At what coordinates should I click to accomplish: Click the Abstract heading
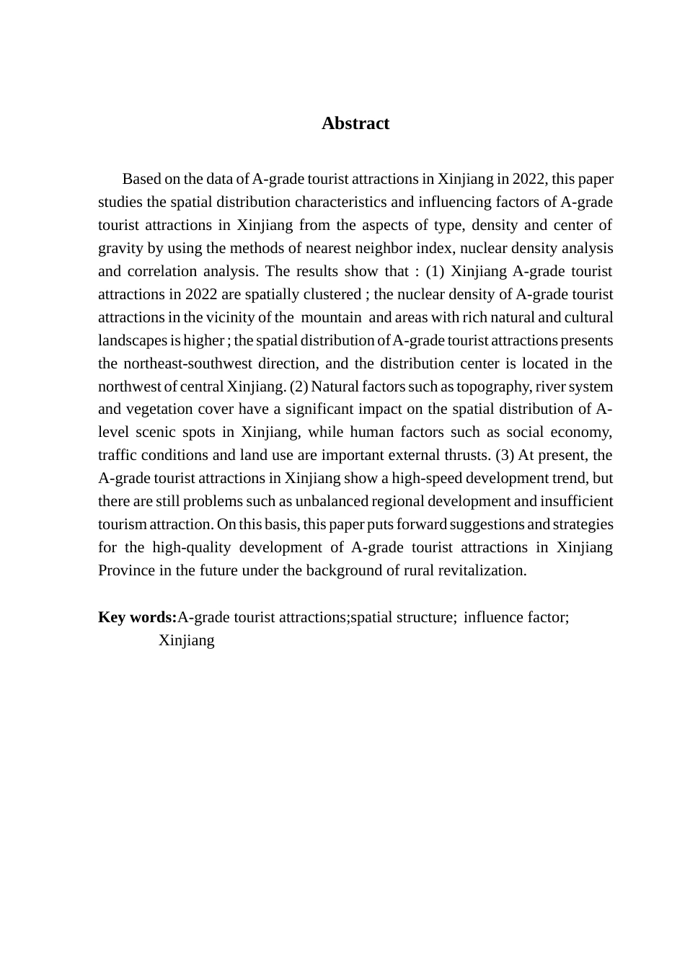point(355,123)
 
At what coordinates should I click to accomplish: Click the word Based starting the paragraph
point(141,179)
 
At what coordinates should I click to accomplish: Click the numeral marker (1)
point(436,271)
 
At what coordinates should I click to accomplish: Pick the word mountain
point(332,317)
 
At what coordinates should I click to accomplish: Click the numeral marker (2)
point(299,386)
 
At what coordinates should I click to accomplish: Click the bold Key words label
point(137,617)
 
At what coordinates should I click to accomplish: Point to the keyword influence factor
point(516,617)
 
